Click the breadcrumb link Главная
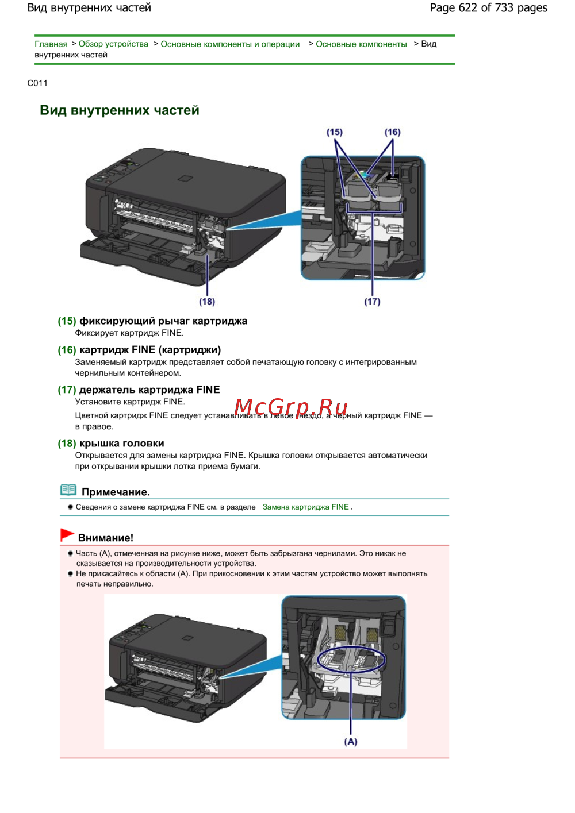point(51,44)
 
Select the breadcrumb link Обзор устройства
point(113,44)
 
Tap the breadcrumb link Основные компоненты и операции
point(230,44)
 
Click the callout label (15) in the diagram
point(335,132)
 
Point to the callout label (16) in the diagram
point(393,132)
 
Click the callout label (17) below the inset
point(372,302)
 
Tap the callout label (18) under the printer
point(207,302)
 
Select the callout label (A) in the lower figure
point(351,742)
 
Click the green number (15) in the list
point(67,321)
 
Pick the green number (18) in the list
point(67,444)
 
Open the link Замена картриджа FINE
point(305,507)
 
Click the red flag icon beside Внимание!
point(67,535)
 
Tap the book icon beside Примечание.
point(68,490)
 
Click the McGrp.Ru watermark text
point(291,407)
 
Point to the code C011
point(37,83)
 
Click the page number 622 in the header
point(467,8)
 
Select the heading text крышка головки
point(122,444)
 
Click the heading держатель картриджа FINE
point(149,390)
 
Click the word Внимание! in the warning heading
point(106,538)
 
